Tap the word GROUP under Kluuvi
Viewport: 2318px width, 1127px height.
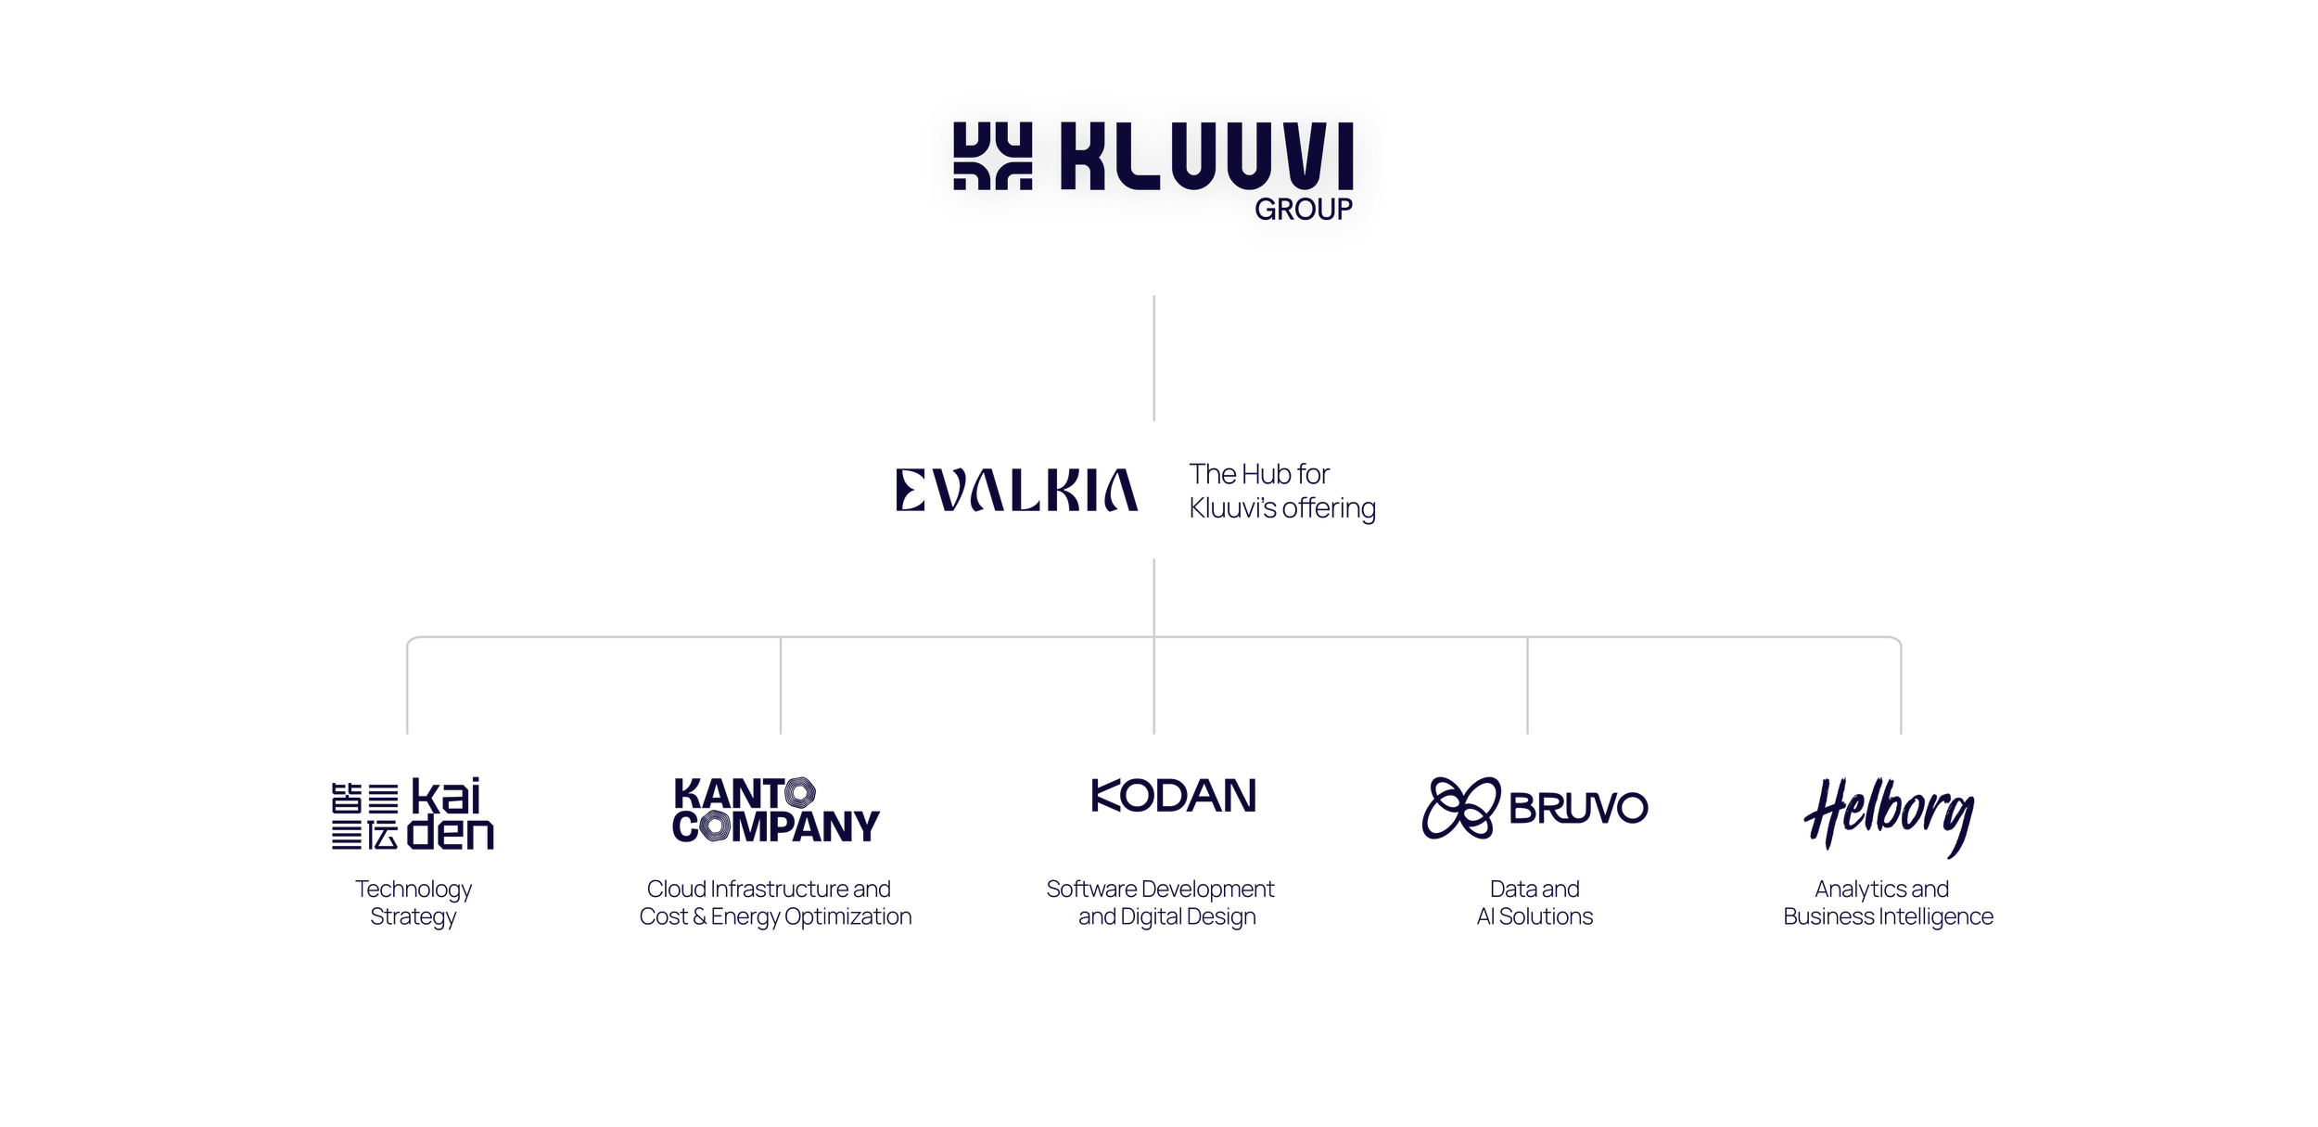coord(1304,210)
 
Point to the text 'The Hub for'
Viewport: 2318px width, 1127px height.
coord(1259,475)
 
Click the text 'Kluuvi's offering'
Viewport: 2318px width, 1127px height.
coord(1282,509)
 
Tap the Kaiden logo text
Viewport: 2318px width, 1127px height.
coord(452,816)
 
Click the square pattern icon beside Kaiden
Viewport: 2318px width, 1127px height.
coord(366,816)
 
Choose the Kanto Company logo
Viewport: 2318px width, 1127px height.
coord(775,810)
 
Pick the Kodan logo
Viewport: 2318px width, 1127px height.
coord(1174,801)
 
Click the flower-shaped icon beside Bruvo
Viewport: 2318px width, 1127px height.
coord(1461,808)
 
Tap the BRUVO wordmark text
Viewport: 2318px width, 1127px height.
coord(1579,808)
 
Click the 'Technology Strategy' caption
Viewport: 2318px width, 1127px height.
coord(414,903)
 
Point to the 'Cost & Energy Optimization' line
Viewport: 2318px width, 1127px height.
coord(776,917)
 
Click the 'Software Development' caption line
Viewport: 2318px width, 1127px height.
coord(1160,890)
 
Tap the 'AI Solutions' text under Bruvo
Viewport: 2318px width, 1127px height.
coord(1535,917)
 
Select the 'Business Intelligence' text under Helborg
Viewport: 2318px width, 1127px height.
coord(1888,917)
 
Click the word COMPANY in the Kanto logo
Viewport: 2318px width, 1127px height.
coord(776,826)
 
